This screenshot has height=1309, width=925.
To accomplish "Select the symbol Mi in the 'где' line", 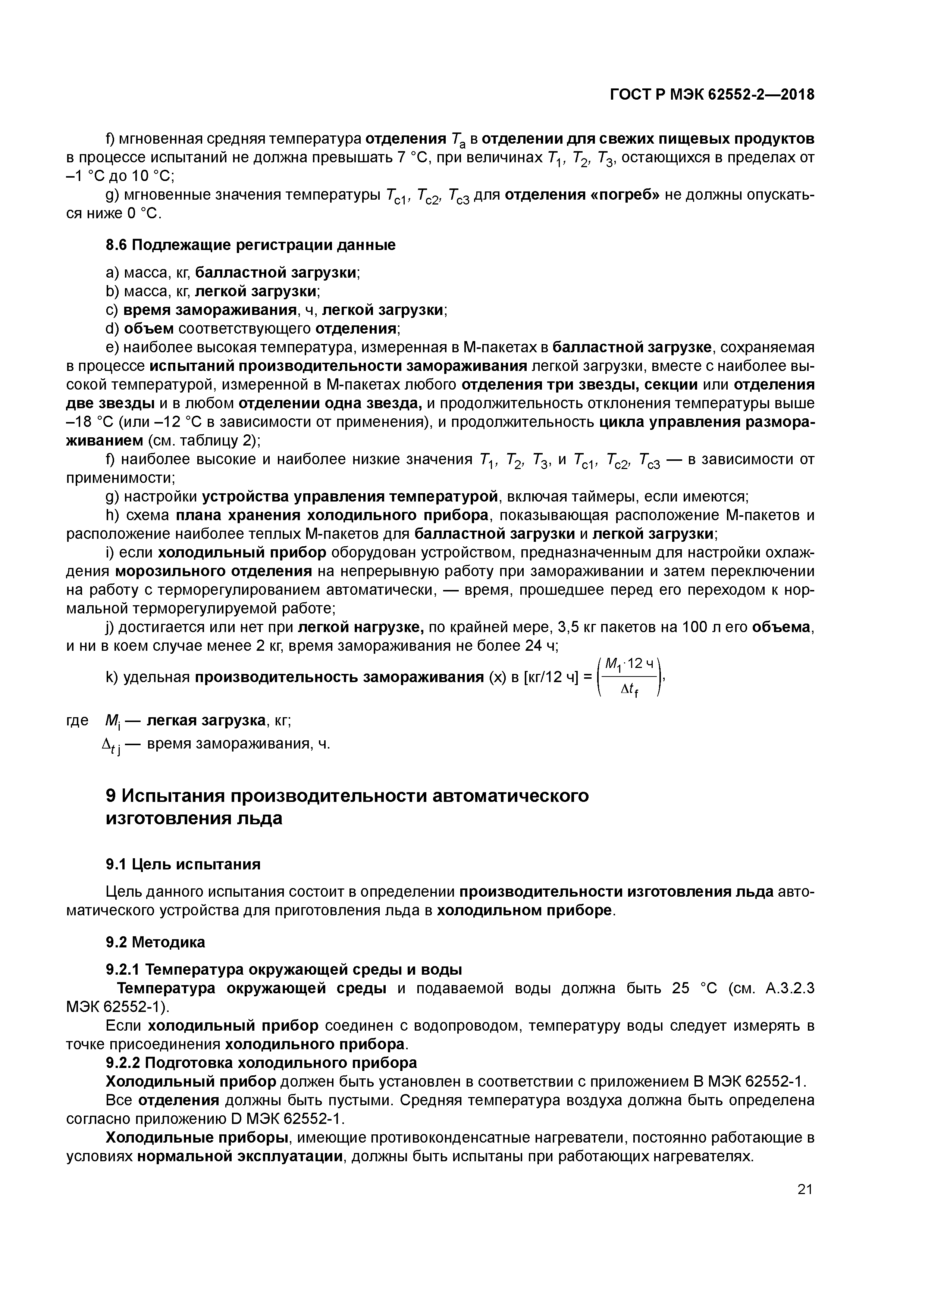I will [x=112, y=721].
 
